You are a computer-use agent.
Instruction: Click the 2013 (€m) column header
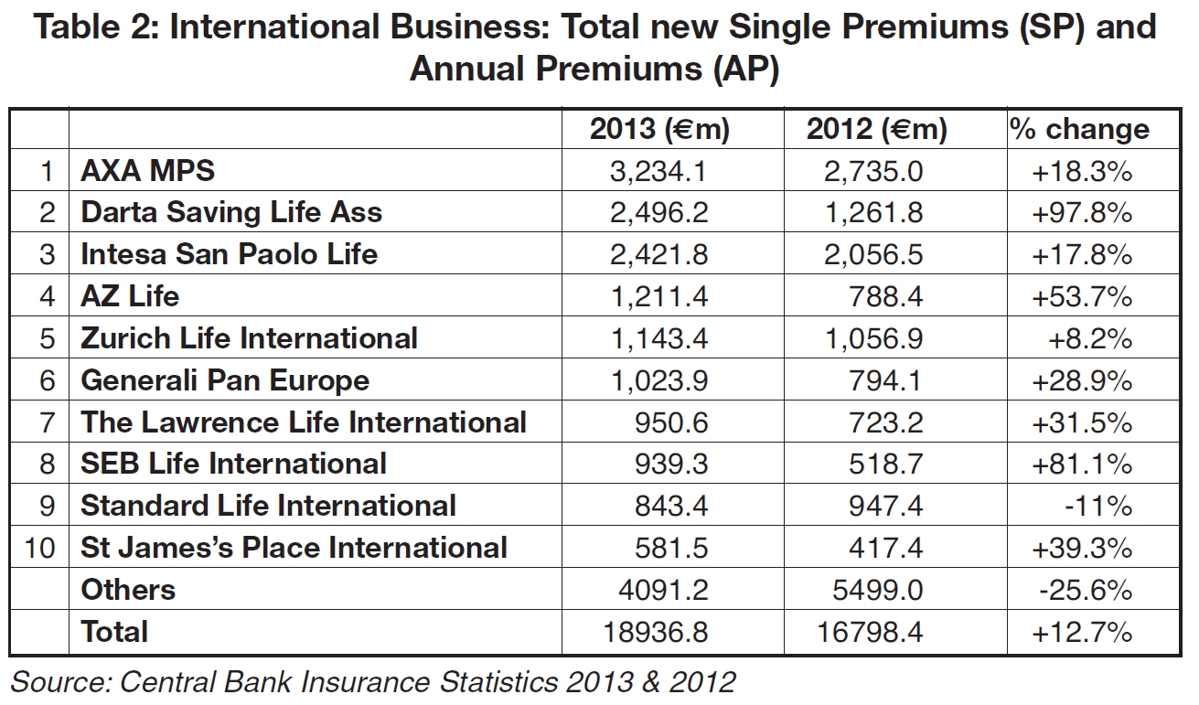tap(659, 130)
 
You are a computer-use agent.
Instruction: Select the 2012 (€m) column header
tap(876, 130)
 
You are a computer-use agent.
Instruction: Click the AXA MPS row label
tap(147, 171)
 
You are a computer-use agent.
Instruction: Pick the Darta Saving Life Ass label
tap(231, 213)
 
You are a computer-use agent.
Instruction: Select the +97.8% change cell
tap(1082, 213)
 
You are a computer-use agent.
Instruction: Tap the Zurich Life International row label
tap(249, 338)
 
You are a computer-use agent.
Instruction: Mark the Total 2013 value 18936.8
tap(658, 632)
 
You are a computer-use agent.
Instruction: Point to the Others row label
tap(127, 590)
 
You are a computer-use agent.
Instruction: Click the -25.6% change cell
tap(1086, 590)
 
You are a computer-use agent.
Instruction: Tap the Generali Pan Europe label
tap(225, 380)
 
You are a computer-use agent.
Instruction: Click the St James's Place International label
tap(294, 548)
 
